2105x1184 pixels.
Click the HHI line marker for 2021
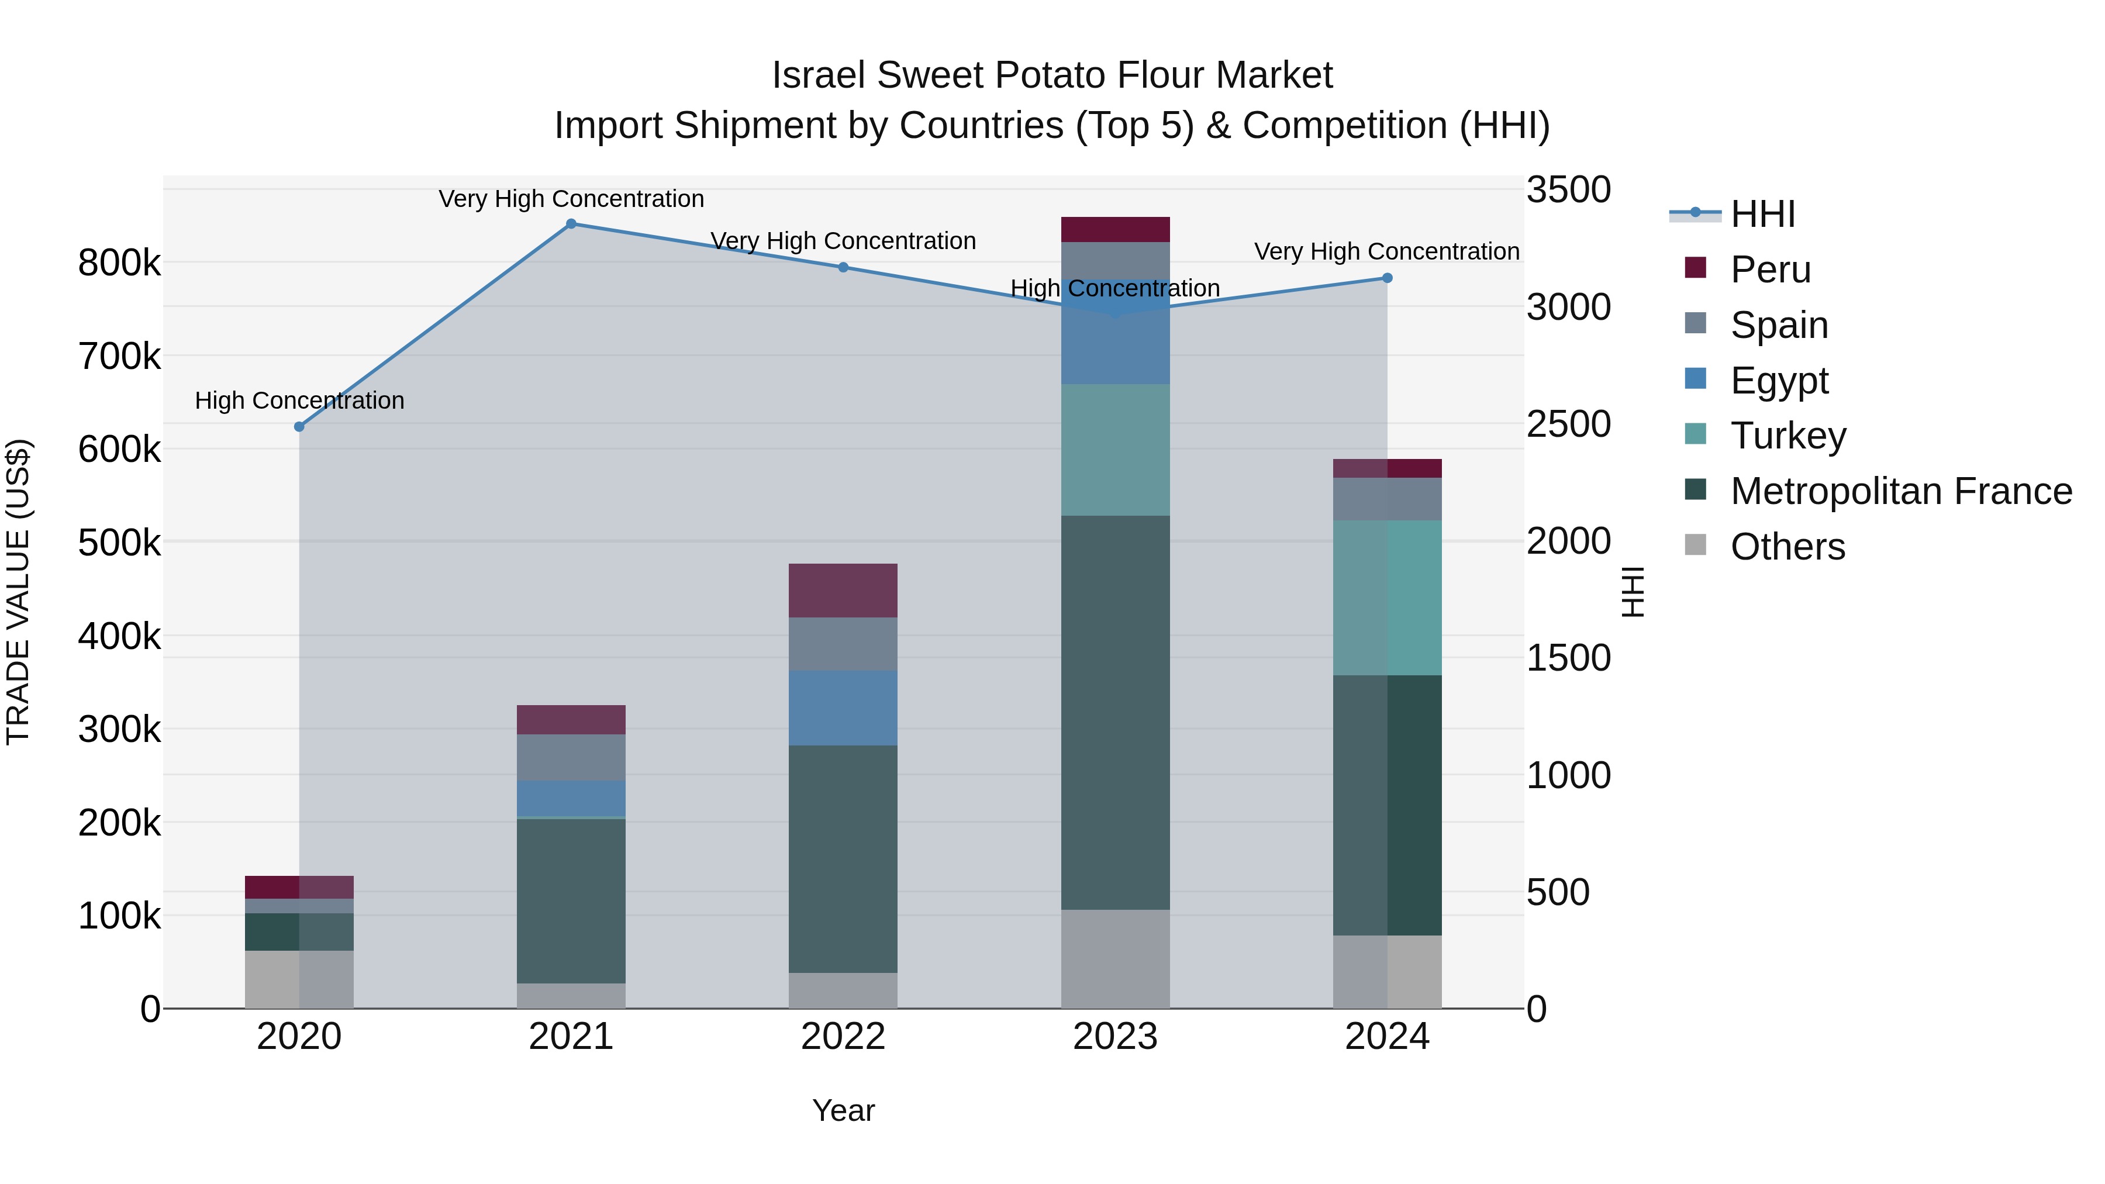click(x=571, y=224)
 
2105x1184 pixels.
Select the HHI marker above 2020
click(x=299, y=427)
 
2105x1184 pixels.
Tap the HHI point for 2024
click(x=1387, y=278)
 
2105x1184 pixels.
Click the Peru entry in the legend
click(x=1770, y=270)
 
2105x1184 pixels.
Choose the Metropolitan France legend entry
click(x=1901, y=491)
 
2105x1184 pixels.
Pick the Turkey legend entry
click(x=1788, y=436)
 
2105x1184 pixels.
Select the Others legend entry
click(x=1787, y=547)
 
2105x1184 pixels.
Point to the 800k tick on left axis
click(x=119, y=263)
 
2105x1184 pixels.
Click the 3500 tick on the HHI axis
click(x=1568, y=189)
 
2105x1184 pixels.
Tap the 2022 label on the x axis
click(x=843, y=1037)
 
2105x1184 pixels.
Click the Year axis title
click(x=843, y=1110)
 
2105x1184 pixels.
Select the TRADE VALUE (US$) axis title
click(x=18, y=592)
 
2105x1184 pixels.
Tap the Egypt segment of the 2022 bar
click(x=843, y=707)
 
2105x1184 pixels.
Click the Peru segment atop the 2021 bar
click(x=571, y=720)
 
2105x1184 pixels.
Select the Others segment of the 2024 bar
click(x=1387, y=972)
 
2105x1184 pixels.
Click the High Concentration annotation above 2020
click(x=299, y=401)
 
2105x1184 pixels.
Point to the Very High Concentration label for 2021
click(x=571, y=199)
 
